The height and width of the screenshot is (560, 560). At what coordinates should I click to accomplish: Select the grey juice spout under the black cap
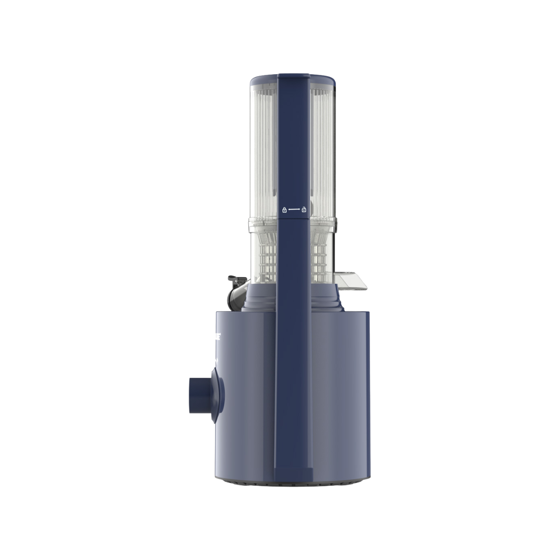click(x=236, y=295)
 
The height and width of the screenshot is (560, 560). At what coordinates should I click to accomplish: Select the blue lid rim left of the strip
click(x=263, y=83)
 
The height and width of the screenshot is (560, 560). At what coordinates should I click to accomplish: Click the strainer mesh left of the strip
click(x=266, y=257)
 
